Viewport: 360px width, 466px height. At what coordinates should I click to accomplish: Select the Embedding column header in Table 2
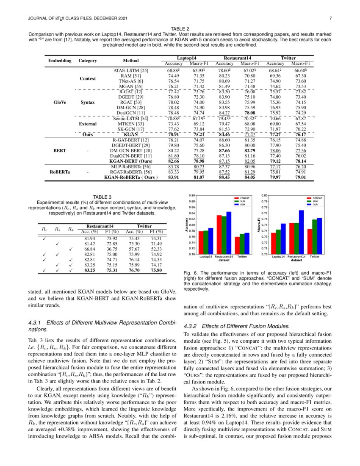(x=59, y=61)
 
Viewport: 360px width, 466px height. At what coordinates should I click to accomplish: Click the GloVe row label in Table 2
(x=59, y=103)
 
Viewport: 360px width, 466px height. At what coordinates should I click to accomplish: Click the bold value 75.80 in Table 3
(x=156, y=270)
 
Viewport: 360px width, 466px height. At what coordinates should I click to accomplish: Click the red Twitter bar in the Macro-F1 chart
(x=310, y=241)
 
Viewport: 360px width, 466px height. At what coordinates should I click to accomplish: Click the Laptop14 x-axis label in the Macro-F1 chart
(x=278, y=257)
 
